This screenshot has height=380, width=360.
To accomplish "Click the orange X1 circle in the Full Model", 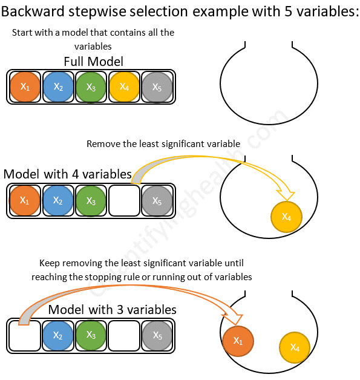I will coord(25,87).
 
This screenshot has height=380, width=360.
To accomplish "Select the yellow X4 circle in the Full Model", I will coord(124,87).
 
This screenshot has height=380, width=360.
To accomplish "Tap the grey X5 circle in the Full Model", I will coord(157,87).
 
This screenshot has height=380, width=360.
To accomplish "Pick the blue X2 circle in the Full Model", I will coord(58,87).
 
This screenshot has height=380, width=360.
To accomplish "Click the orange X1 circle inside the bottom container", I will coord(238,340).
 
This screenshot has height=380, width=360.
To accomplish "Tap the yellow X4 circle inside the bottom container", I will coord(295,348).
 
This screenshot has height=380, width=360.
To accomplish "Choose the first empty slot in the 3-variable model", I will coord(25,335).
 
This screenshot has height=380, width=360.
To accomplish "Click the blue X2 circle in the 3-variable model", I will coord(58,335).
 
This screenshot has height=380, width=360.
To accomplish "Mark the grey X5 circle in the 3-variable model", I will coord(157,335).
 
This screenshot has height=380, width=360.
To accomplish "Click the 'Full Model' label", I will coord(93,62).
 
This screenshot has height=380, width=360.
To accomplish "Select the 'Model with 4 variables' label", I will coord(67,174).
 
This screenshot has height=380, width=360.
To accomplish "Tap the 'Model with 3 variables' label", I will coord(112,310).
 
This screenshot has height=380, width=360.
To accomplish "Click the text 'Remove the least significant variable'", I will coord(163,144).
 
